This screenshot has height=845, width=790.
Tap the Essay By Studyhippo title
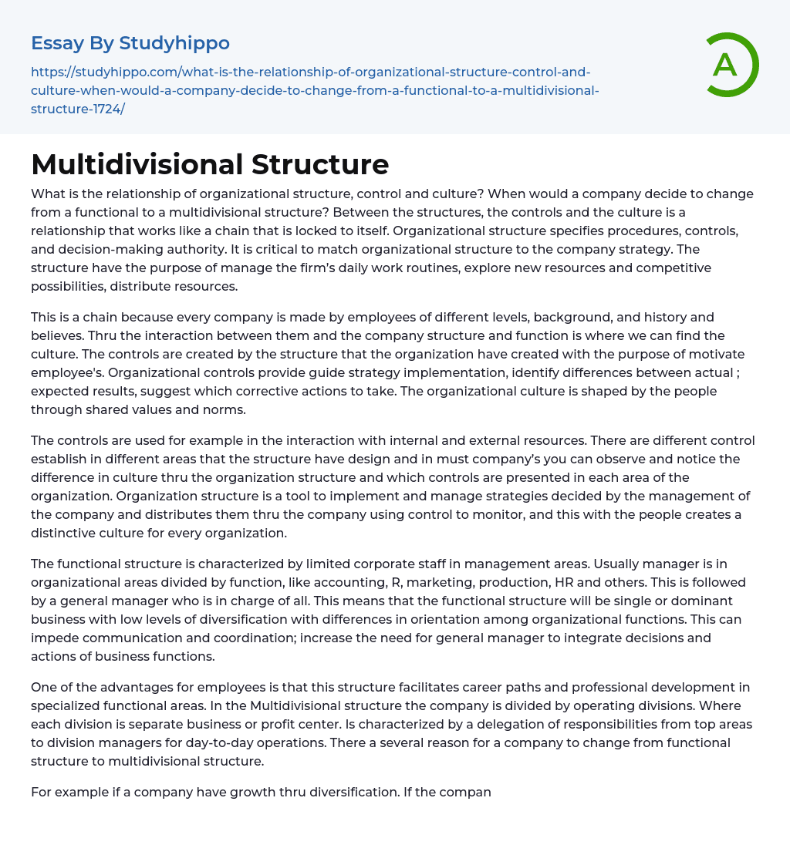[x=130, y=43]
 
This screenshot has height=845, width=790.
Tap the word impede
[x=53, y=638]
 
